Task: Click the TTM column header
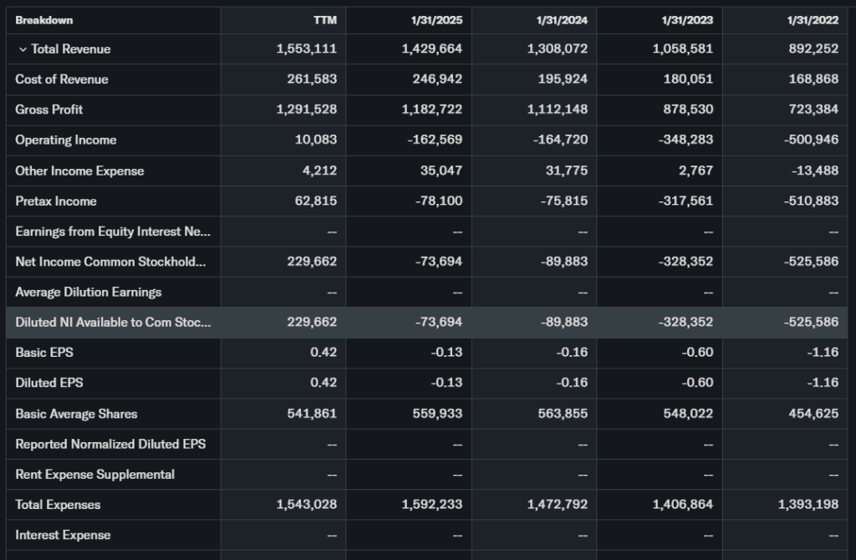pos(324,20)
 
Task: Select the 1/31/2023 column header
pos(687,20)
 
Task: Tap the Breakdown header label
pos(43,20)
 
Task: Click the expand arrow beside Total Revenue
pos(23,49)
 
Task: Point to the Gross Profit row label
pos(49,109)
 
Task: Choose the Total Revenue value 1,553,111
pos(306,49)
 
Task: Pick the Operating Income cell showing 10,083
pos(316,140)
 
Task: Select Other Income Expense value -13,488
pos(813,171)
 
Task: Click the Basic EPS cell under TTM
pos(324,352)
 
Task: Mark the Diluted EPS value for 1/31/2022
pos(824,383)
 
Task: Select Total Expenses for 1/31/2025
pos(432,505)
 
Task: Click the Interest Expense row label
pos(63,535)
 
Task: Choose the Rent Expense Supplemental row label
pos(94,474)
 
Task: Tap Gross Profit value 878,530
pos(686,109)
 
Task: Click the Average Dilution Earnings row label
pos(89,292)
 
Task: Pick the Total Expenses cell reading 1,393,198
pos(808,505)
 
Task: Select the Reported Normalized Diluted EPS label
pos(110,444)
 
